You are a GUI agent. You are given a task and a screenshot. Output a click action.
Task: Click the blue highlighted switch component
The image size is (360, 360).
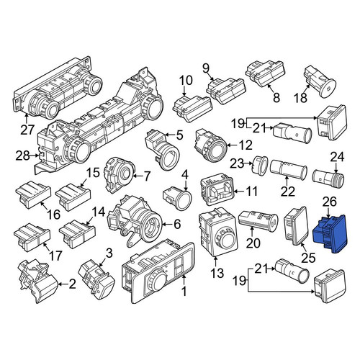click(x=330, y=233)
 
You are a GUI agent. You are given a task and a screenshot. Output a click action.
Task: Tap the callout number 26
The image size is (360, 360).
click(x=330, y=202)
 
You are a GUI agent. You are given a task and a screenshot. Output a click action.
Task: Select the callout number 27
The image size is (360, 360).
click(x=27, y=130)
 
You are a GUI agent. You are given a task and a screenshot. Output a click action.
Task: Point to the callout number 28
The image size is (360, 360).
click(x=22, y=156)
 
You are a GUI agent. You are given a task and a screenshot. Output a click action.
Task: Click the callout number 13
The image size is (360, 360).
click(x=217, y=273)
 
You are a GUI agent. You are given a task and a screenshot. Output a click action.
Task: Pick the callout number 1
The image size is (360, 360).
click(x=184, y=292)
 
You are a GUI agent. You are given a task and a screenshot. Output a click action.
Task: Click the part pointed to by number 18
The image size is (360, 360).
click(x=320, y=82)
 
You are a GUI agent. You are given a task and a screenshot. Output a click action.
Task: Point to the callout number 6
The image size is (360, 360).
click(x=177, y=224)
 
